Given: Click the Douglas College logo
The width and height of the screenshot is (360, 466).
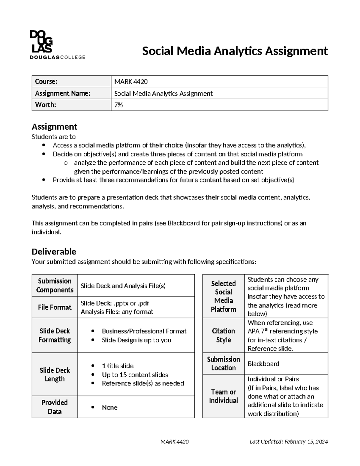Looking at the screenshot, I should tap(57, 45).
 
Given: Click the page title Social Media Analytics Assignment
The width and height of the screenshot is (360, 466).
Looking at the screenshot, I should tap(235, 51).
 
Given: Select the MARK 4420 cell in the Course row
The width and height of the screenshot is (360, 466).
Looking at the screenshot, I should tap(131, 82).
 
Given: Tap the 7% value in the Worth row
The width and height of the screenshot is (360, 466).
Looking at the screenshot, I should tap(118, 105).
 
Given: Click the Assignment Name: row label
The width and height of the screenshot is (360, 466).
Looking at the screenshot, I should tap(63, 93).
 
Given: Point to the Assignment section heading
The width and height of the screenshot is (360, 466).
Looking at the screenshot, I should tap(54, 127).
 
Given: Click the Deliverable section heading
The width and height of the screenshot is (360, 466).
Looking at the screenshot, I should tap(54, 251).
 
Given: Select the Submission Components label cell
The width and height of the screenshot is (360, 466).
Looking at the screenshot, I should tap(55, 285).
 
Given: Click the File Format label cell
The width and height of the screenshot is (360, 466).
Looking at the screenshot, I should tap(55, 307).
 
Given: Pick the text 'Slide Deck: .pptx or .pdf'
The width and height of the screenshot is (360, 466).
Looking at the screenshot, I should tap(115, 303).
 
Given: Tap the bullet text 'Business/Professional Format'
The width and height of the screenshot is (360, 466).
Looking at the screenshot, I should tap(144, 331).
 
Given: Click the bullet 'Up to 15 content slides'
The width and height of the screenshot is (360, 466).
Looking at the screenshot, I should tap(135, 375).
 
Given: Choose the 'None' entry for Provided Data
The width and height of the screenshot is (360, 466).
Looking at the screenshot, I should tap(109, 407).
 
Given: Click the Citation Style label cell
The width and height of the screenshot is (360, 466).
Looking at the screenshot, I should tap(223, 335).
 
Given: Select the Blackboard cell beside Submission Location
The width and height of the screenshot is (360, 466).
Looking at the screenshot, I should tap(263, 364).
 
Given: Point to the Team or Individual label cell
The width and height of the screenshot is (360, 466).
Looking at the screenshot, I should tap(223, 396).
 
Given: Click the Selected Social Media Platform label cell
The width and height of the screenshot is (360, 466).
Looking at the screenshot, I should tap(223, 296).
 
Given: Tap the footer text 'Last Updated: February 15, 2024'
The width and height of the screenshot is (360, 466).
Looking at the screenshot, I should tap(289, 442).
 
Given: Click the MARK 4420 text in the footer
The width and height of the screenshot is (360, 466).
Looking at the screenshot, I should tap(175, 442).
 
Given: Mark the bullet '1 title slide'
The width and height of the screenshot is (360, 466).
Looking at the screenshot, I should tap(118, 366).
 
